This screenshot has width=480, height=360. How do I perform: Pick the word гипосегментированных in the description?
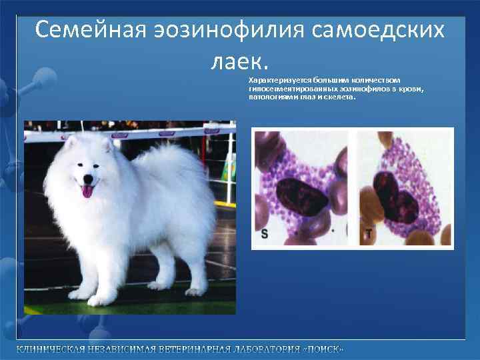tap(290, 88)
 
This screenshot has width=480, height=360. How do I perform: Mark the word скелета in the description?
tap(341, 97)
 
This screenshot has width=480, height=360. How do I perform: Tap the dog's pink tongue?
tap(87, 192)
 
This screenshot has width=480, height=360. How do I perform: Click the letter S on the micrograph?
tap(265, 233)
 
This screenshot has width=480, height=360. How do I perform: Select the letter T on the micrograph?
tap(368, 234)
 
